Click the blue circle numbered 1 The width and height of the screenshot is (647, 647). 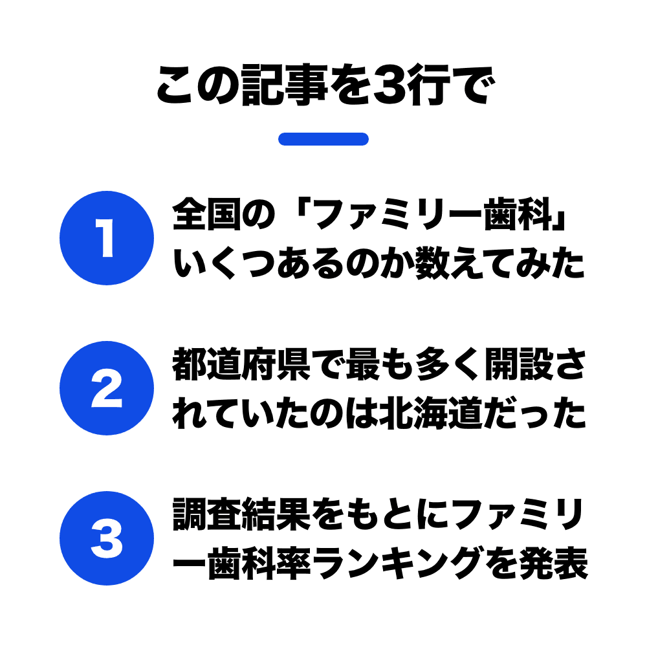coord(107,238)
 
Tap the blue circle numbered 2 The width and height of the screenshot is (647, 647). coord(107,388)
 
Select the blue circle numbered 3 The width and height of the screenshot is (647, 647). coord(107,538)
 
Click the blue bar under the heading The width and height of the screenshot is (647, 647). coord(323,139)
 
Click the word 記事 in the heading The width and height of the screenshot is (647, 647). coord(285,85)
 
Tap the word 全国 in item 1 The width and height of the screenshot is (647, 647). coord(207,214)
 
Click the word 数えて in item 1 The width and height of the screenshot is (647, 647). coord(465,263)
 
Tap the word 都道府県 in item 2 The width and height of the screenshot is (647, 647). coord(241,364)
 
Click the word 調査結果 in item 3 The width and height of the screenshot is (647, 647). coord(241,514)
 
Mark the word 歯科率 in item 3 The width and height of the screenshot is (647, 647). coord(259,564)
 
